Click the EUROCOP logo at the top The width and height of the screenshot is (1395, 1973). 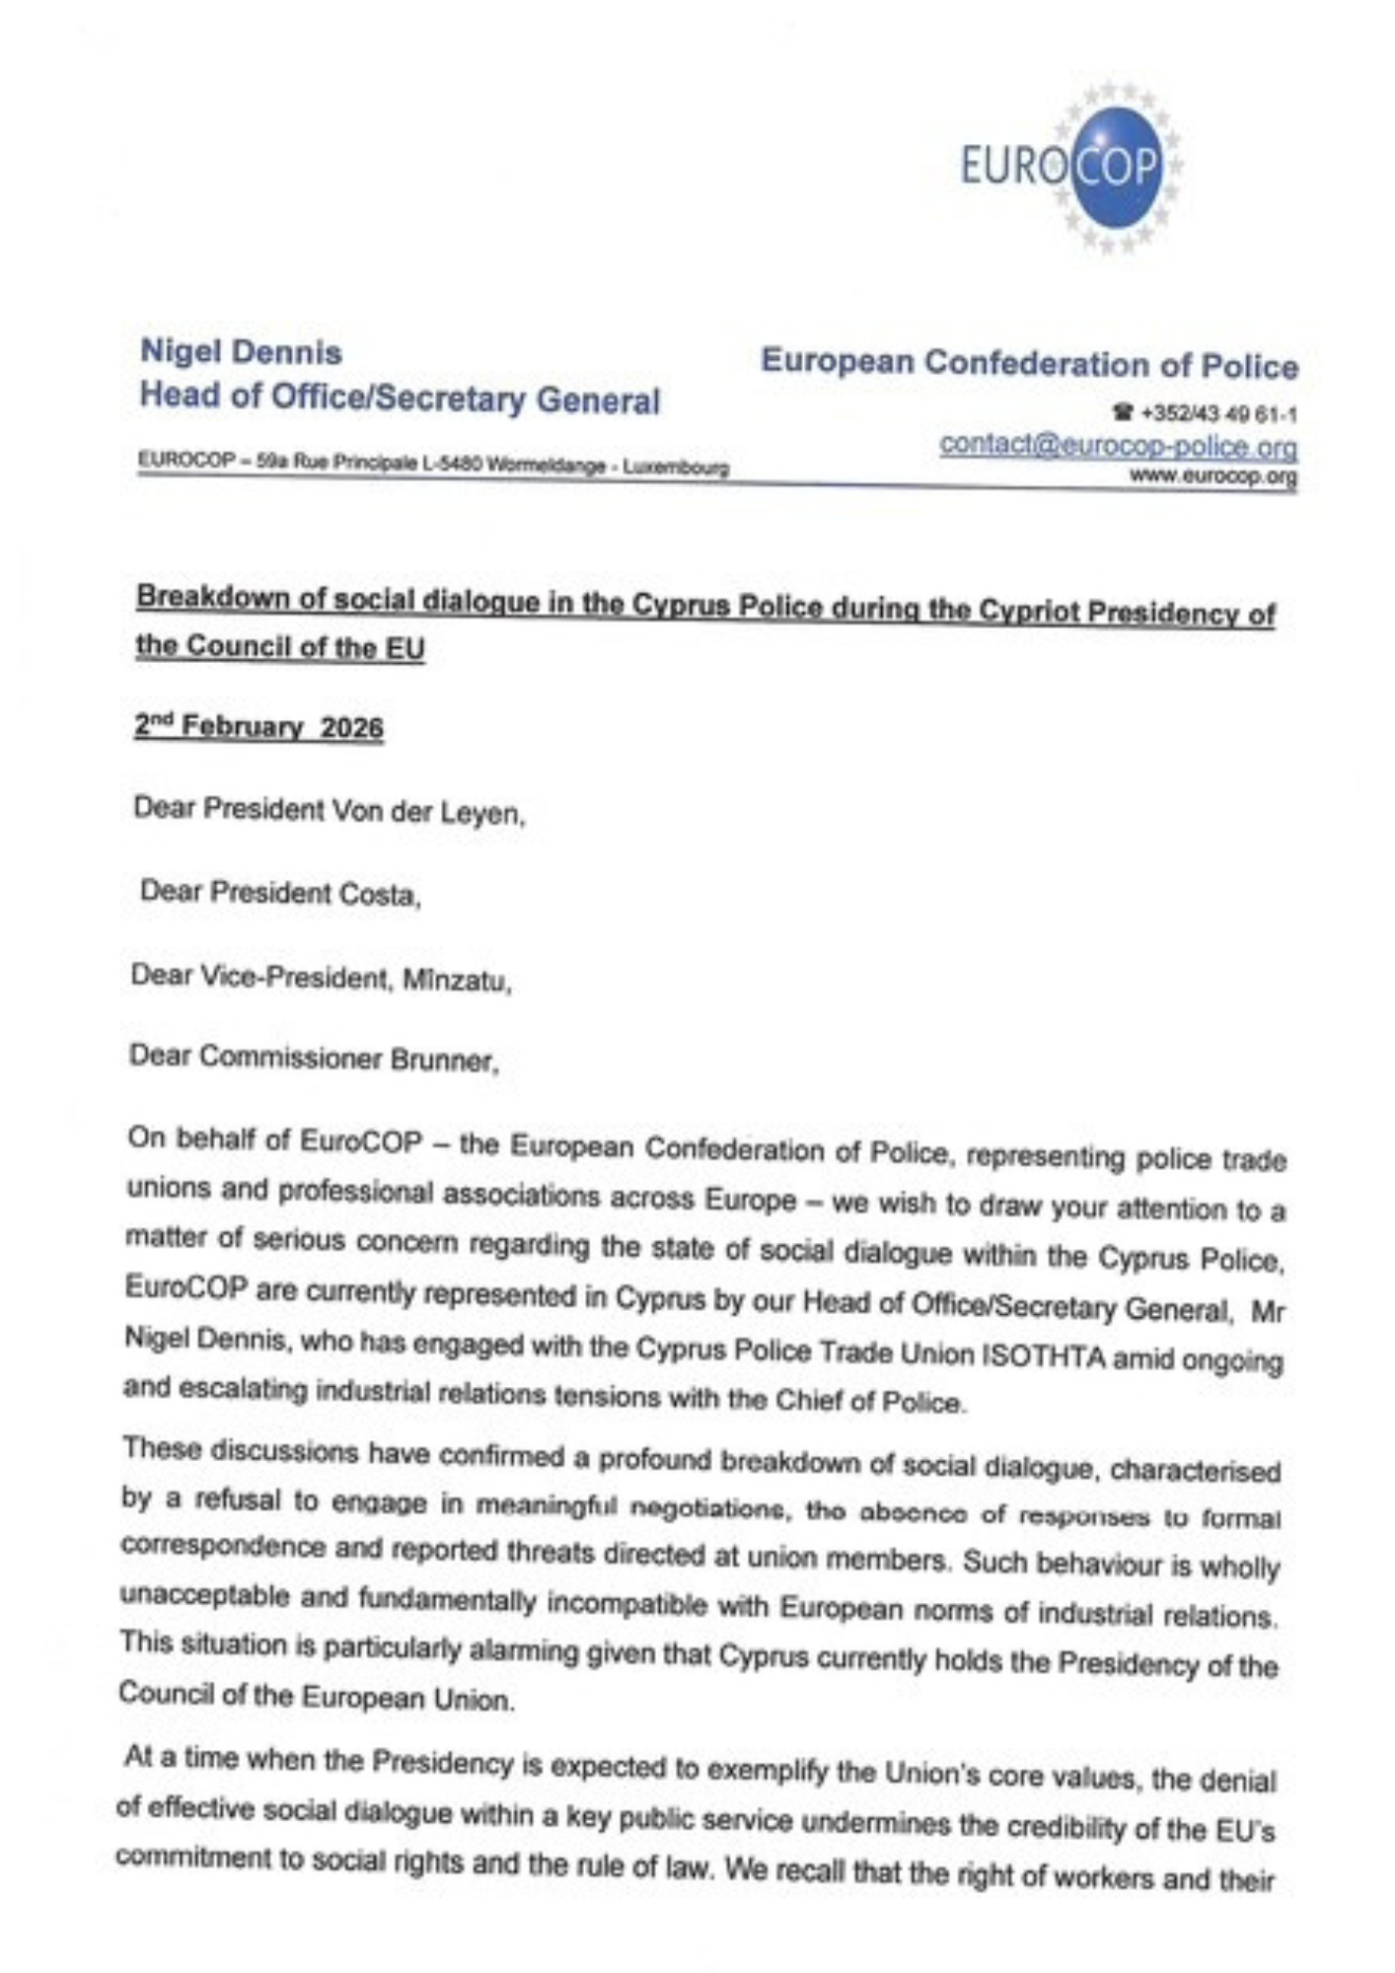click(x=1070, y=168)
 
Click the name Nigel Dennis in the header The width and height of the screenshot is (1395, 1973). click(x=241, y=352)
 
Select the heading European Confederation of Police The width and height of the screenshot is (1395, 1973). click(x=1029, y=364)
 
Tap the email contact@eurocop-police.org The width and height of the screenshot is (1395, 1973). click(x=1118, y=446)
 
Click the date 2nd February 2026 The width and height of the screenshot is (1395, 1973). click(x=258, y=727)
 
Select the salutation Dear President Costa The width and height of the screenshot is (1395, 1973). click(x=280, y=893)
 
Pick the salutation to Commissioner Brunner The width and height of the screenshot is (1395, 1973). click(x=314, y=1059)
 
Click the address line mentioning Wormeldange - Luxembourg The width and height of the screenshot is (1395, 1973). click(x=434, y=464)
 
